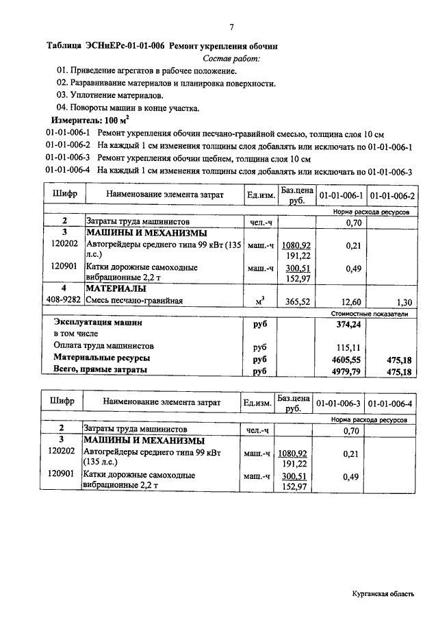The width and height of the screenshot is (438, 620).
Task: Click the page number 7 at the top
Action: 231,27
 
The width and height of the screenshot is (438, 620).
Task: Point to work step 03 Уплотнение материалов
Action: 110,95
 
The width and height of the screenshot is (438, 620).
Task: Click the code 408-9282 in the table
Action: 64,299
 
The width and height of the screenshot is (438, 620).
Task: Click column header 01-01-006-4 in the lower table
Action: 391,404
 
